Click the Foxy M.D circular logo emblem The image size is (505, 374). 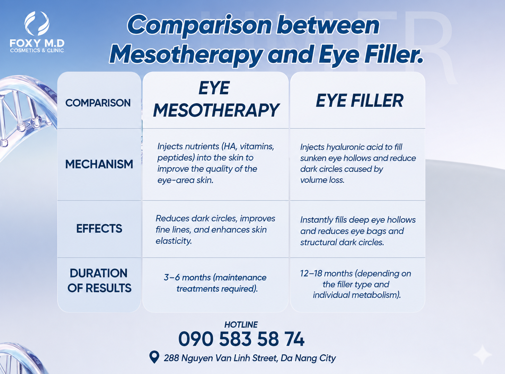37,24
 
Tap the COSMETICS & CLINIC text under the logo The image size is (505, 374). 37,50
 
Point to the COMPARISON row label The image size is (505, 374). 98,103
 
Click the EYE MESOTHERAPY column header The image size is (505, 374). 215,99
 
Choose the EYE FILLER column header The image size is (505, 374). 359,101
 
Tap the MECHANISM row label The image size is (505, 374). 99,164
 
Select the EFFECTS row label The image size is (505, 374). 99,228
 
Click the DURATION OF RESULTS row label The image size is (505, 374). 99,280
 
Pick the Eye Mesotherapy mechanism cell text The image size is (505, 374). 216,163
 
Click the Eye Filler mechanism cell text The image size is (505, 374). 358,163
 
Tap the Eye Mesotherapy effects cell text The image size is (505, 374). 215,230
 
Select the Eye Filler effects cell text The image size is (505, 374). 358,231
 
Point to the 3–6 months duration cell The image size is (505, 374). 215,283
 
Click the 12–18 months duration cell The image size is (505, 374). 356,284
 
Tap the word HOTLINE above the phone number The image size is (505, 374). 241,324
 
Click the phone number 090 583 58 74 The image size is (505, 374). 241,339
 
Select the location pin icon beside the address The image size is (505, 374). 154,357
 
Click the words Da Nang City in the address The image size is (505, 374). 308,358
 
